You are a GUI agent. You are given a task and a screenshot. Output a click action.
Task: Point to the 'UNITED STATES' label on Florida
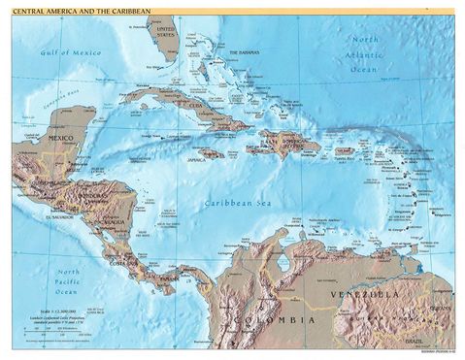[165, 33]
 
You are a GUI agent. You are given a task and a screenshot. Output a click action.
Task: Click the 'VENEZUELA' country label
[382, 292]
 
